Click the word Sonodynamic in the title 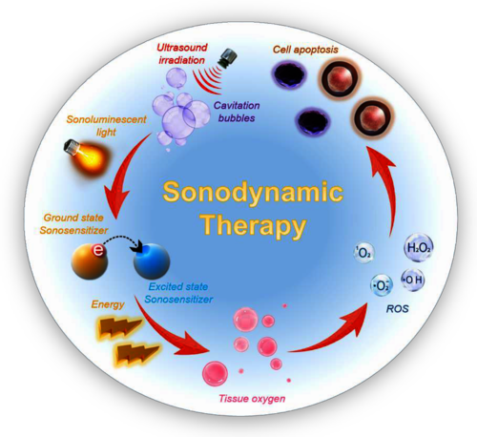(253, 193)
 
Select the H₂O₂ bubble (419, 248)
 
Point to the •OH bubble (413, 280)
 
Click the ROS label (397, 309)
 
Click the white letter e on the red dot (98, 251)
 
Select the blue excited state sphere (152, 261)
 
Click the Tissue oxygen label (252, 399)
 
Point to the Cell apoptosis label (305, 50)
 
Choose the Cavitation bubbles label (237, 112)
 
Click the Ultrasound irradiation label (182, 53)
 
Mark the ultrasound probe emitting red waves (228, 56)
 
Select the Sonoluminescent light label (106, 126)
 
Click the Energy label (108, 304)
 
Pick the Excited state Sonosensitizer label (178, 293)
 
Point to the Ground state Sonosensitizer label (73, 224)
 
